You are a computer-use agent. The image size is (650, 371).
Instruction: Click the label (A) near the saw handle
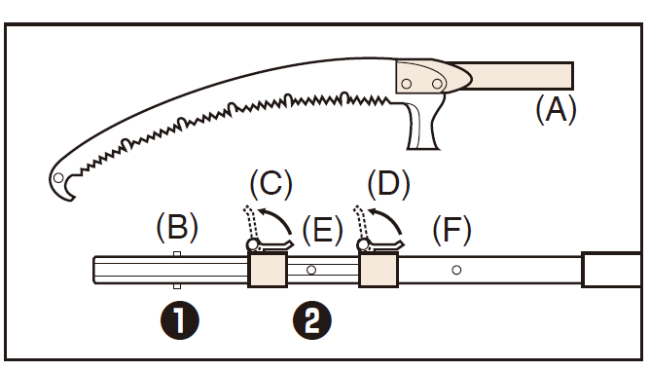pyautogui.click(x=556, y=109)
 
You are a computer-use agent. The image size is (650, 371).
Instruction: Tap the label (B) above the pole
pyautogui.click(x=177, y=227)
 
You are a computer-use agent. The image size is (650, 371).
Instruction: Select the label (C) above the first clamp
pyautogui.click(x=271, y=183)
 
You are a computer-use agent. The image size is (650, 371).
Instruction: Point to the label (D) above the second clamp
pyautogui.click(x=389, y=183)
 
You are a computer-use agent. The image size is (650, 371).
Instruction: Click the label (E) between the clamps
pyautogui.click(x=322, y=230)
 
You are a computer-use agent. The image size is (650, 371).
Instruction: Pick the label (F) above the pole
pyautogui.click(x=451, y=230)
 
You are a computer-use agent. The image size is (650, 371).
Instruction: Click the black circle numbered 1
pyautogui.click(x=179, y=320)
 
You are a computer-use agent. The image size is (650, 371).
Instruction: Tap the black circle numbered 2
pyautogui.click(x=312, y=320)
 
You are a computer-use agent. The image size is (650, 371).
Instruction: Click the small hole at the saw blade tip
pyautogui.click(x=58, y=177)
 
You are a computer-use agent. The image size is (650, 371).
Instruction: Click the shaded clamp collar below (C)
pyautogui.click(x=268, y=270)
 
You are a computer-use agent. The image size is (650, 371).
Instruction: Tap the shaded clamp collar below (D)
pyautogui.click(x=379, y=270)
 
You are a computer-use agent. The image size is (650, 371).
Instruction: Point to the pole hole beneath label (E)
pyautogui.click(x=311, y=270)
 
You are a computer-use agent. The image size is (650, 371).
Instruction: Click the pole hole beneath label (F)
pyautogui.click(x=456, y=270)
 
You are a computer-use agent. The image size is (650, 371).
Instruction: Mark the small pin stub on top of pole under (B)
pyautogui.click(x=177, y=254)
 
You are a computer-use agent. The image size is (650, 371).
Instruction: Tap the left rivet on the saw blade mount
pyautogui.click(x=407, y=85)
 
